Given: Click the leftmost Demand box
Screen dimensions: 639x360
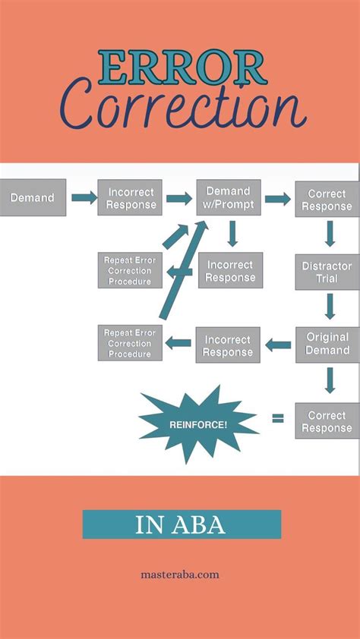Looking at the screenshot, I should pos(32,198).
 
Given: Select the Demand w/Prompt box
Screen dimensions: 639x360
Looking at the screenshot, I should pos(228,198).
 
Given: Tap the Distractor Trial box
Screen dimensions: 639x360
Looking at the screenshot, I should pos(327,272).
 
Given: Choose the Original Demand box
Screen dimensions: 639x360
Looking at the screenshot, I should pos(327,344).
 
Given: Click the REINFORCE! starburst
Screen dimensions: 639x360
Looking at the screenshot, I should pos(198,423).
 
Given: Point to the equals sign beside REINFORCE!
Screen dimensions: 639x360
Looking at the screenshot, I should pos(277,417).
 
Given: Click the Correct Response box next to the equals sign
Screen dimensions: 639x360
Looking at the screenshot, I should pos(327,421).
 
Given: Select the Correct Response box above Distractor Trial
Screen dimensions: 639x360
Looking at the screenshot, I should pos(327,199).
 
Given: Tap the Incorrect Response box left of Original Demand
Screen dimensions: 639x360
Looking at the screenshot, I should pos(228,345).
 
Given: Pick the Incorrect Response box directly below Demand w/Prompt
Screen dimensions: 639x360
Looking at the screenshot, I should pos(230,271).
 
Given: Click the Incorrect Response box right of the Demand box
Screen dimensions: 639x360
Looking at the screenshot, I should pos(130,198).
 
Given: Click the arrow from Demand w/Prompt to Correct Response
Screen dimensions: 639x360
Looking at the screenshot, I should pos(277,199).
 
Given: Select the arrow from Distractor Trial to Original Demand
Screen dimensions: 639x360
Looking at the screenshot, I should pos(330,306).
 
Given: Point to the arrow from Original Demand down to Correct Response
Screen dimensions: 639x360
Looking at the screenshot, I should pos(330,379).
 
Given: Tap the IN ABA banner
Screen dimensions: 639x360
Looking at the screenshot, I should pos(182,524).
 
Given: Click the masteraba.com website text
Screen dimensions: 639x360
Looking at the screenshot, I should pos(180,574).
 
